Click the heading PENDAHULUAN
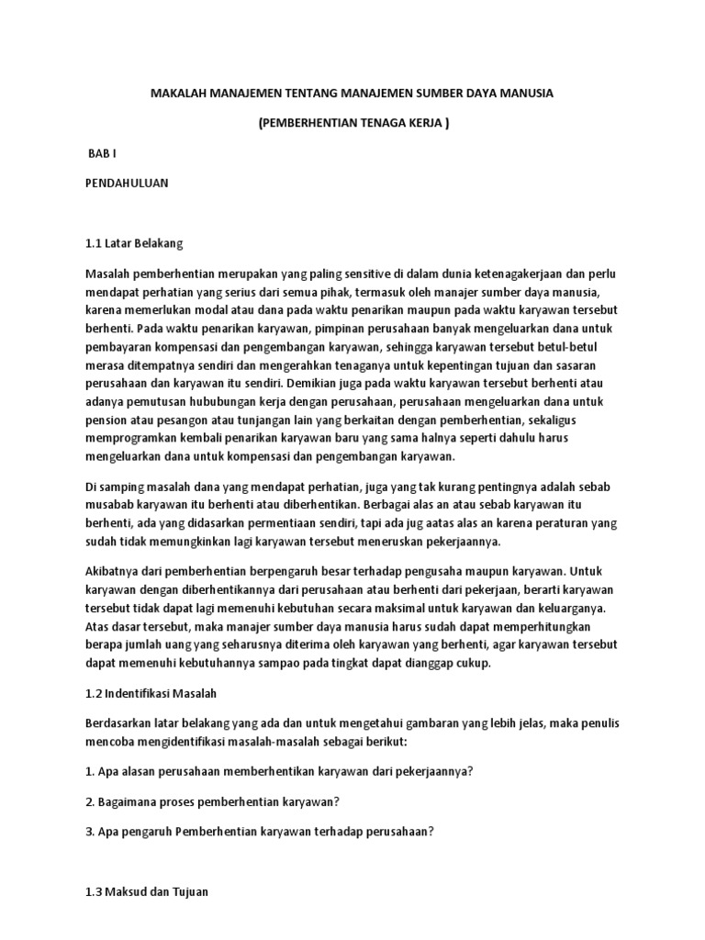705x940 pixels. point(127,183)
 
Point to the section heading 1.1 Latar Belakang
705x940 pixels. point(134,243)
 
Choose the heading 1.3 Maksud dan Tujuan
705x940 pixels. point(146,891)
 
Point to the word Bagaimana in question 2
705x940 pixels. point(131,802)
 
